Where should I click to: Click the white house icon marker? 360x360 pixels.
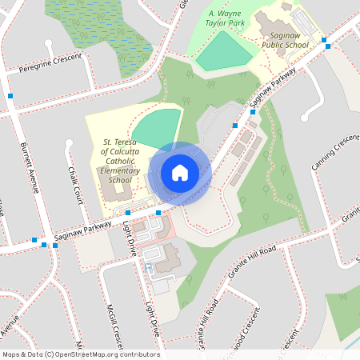pos(180,173)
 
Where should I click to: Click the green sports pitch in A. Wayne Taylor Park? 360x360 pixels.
pos(224,52)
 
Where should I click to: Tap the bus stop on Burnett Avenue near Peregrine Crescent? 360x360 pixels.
pos(10,96)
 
